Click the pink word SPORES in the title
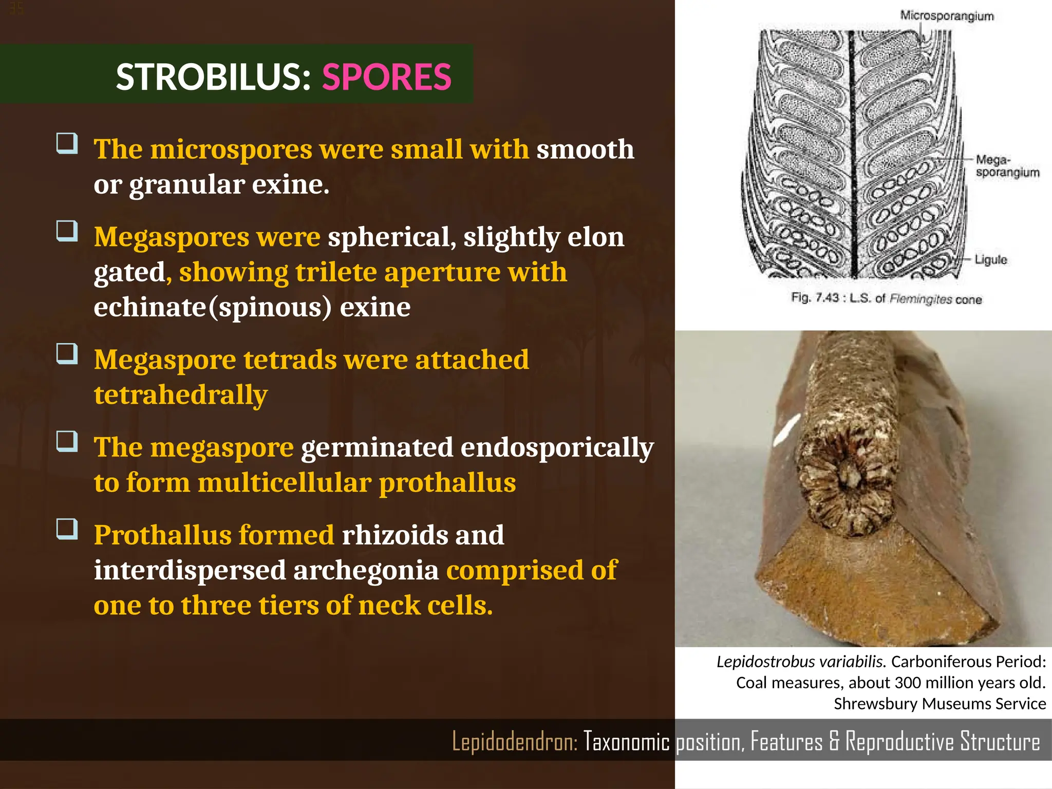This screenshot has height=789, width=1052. click(386, 77)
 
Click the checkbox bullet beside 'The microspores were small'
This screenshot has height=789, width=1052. click(67, 143)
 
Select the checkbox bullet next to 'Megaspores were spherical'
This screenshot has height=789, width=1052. click(67, 231)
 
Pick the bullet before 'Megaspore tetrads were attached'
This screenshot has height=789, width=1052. click(67, 354)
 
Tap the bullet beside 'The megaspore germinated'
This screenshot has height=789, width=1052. click(67, 441)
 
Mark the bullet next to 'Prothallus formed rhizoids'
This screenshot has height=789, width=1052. click(67, 529)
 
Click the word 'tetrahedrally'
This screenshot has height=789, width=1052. click(181, 394)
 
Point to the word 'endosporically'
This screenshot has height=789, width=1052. click(557, 447)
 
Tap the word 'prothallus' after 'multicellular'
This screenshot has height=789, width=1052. click(447, 482)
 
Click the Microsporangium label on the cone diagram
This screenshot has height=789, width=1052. click(947, 16)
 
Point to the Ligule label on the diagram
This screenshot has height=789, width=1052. click(991, 259)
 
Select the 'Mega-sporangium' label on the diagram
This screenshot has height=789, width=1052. click(1007, 166)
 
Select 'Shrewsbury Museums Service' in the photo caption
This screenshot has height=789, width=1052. click(940, 703)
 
